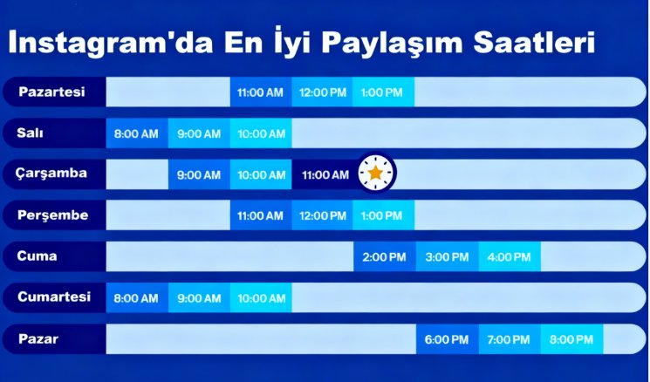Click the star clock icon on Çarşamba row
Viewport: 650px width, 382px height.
375,174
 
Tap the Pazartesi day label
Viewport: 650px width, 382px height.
51,92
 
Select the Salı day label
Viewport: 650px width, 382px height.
31,133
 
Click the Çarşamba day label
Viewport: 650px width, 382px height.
51,174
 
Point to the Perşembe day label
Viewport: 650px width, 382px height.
52,215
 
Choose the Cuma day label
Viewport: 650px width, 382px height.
37,256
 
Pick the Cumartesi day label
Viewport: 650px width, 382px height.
54,297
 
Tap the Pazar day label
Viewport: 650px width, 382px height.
38,338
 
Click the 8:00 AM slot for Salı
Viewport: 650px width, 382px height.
137,133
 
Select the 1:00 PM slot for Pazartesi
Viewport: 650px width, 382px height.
383,92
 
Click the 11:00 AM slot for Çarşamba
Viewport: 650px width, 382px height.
325,174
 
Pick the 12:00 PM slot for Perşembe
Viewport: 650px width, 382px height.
322,215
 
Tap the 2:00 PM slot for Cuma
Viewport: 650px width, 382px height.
384,256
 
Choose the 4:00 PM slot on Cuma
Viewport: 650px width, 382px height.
509,256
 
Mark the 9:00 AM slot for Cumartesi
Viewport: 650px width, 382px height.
199,298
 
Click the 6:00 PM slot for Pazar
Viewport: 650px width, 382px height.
447,339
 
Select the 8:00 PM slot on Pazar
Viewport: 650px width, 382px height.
571,339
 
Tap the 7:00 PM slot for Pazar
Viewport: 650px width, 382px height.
509,339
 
